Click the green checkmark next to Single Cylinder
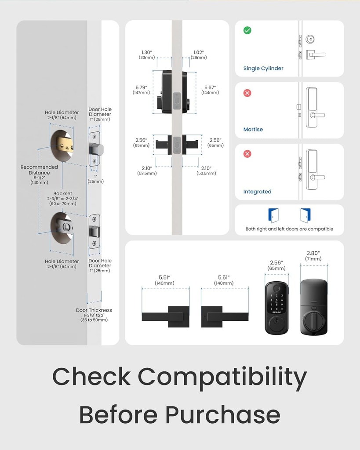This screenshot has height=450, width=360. tap(247, 31)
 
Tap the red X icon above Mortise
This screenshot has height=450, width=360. tap(247, 93)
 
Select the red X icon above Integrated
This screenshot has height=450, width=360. tap(247, 154)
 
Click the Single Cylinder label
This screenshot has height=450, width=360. tap(263, 69)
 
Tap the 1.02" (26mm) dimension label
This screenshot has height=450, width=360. tap(199, 54)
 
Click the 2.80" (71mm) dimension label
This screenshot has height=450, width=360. tap(313, 256)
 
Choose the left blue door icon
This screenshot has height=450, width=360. tap(273, 215)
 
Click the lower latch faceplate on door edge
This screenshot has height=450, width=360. tap(95, 231)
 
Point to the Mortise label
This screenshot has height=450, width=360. tap(253, 130)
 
